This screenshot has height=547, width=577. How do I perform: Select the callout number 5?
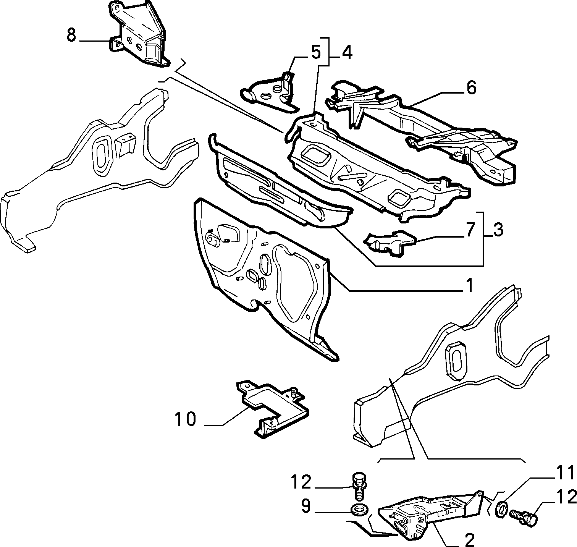[x=315, y=53]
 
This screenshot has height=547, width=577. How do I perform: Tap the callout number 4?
[x=346, y=53]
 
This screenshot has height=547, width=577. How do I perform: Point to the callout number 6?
[x=471, y=88]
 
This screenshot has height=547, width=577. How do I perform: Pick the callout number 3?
[x=498, y=230]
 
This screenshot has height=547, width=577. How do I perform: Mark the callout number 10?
[x=186, y=419]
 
